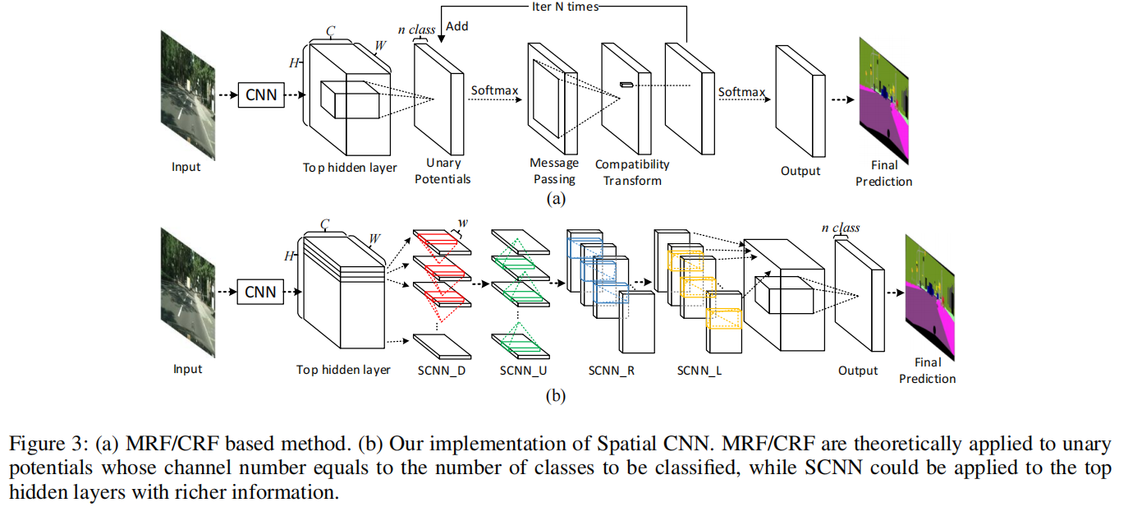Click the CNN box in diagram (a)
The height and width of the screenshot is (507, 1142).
pos(261,96)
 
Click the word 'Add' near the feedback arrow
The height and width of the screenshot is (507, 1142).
pos(457,26)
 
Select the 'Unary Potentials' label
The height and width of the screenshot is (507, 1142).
pos(443,171)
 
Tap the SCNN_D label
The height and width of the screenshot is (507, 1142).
pos(442,371)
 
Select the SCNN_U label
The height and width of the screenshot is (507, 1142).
pos(523,371)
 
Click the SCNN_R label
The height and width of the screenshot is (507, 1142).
pos(612,371)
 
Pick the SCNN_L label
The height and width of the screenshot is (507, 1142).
pos(699,371)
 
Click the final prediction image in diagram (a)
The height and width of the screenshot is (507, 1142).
pos(885,101)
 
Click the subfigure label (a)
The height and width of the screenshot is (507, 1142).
pos(556,198)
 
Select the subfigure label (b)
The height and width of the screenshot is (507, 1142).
pos(556,397)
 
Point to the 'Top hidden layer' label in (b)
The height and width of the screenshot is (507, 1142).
pos(343,370)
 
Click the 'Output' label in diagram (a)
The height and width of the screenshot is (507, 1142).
pos(800,171)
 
